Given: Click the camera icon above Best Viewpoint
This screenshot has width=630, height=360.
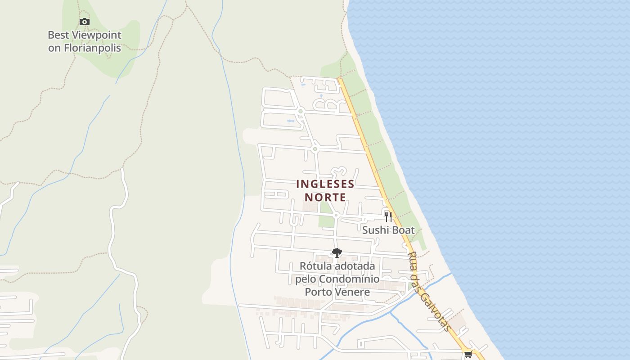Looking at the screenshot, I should click(x=84, y=22).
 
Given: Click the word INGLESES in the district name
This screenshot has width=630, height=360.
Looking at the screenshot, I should click(x=325, y=184).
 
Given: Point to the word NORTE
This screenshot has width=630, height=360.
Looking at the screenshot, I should click(x=325, y=197).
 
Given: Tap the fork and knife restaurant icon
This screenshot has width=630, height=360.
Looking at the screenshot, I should click(x=388, y=217).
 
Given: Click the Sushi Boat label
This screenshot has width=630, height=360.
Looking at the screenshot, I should click(x=388, y=230).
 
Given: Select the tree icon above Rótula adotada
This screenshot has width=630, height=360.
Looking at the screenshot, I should click(x=337, y=253).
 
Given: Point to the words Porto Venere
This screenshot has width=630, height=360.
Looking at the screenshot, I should click(x=337, y=292).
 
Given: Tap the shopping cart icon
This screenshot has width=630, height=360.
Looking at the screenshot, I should click(x=468, y=355).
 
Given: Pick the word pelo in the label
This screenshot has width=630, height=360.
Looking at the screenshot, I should click(x=306, y=279).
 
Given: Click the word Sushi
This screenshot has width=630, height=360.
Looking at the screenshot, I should click(x=375, y=230).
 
